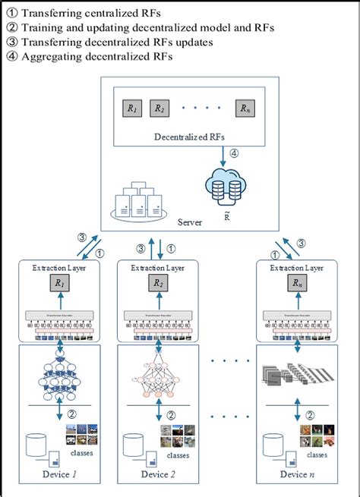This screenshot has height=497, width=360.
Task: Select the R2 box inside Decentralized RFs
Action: [x=159, y=109]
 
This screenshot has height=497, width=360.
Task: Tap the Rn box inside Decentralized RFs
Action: [x=245, y=109]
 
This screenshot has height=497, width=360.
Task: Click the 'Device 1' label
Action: [x=58, y=475]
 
